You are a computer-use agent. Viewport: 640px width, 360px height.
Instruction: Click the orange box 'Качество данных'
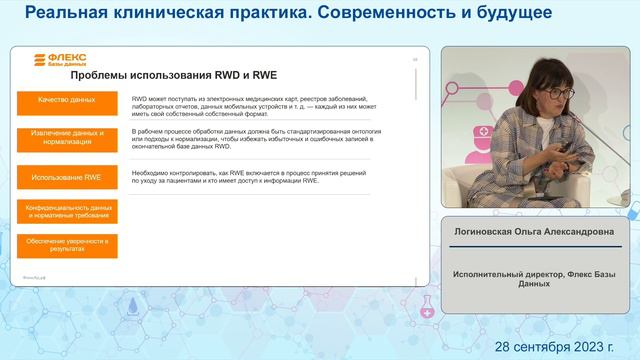(x=67, y=101)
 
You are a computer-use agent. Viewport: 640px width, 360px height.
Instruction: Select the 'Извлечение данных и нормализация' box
(x=67, y=138)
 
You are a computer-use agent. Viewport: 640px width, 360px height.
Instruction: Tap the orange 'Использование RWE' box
(x=67, y=177)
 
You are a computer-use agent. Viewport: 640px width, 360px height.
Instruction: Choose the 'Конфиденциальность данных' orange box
(x=67, y=211)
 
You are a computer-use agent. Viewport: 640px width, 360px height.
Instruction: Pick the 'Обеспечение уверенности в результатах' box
(x=67, y=245)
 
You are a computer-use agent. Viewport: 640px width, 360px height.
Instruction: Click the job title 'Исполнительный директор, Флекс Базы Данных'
(x=536, y=277)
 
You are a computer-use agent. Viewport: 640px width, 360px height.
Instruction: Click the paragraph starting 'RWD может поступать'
(x=250, y=106)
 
